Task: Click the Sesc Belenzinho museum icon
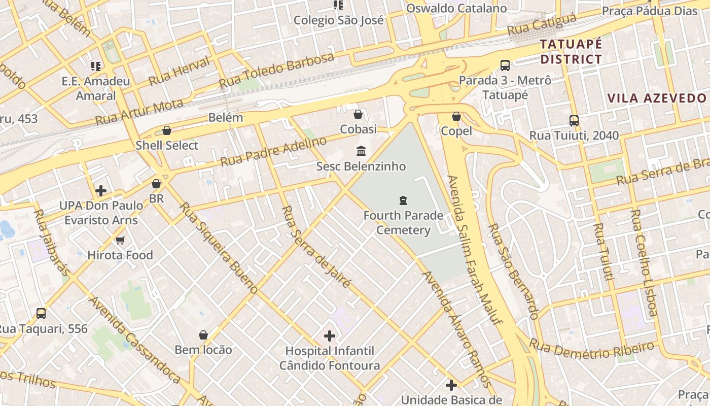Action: [x=361, y=151]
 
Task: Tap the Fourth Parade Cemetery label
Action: [x=403, y=223]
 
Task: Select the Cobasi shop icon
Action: [x=358, y=114]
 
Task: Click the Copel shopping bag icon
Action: [x=456, y=116]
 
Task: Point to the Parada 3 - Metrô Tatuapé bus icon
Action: [x=505, y=65]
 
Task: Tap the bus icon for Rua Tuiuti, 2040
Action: [x=574, y=120]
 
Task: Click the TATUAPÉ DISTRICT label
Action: [x=571, y=51]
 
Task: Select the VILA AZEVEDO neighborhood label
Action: [x=657, y=98]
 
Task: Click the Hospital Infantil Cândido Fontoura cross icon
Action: [x=330, y=335]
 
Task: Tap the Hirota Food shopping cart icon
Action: [x=120, y=240]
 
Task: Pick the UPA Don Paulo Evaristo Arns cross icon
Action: [x=101, y=191]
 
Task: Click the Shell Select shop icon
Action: [x=167, y=130]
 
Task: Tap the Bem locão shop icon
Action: [x=203, y=335]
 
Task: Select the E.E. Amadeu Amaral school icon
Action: [x=96, y=66]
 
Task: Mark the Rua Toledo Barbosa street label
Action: [x=276, y=70]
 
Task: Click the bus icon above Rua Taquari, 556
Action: [x=41, y=314]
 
